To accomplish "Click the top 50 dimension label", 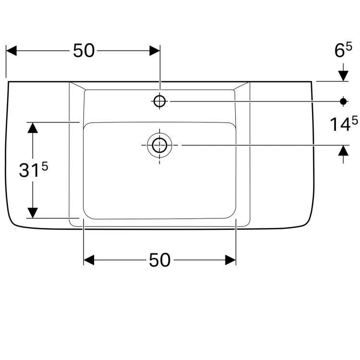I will (x=84, y=50).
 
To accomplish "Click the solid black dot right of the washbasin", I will (x=343, y=101).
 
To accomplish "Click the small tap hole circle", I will (x=159, y=101).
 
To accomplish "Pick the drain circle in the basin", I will (x=159, y=144).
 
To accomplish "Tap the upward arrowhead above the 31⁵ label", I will (x=32, y=128).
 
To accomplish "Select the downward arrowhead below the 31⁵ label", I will (x=32, y=212).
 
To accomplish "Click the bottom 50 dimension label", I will (x=159, y=260).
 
